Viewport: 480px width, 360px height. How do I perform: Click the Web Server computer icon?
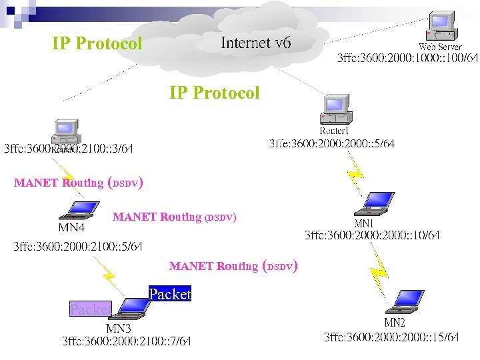[x=441, y=27]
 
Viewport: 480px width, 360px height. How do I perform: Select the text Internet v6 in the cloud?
[x=255, y=43]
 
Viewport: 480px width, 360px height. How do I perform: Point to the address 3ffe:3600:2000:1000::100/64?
[x=408, y=58]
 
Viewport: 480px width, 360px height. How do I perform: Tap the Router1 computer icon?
[x=335, y=109]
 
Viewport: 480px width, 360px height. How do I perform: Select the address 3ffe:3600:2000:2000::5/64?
[x=331, y=143]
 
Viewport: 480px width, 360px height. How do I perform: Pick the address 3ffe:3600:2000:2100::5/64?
[x=79, y=247]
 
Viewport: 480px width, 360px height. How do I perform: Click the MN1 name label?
[x=364, y=223]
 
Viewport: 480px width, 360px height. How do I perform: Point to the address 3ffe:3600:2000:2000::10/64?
[x=372, y=235]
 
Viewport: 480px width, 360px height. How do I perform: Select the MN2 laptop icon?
[x=406, y=302]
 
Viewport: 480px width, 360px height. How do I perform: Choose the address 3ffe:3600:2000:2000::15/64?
[x=392, y=337]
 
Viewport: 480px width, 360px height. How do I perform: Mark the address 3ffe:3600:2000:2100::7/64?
[x=127, y=341]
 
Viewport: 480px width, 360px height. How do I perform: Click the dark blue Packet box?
[x=169, y=294]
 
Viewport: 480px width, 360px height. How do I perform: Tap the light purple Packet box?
[x=90, y=309]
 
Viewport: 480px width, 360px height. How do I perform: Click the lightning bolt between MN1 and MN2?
[x=379, y=267]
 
